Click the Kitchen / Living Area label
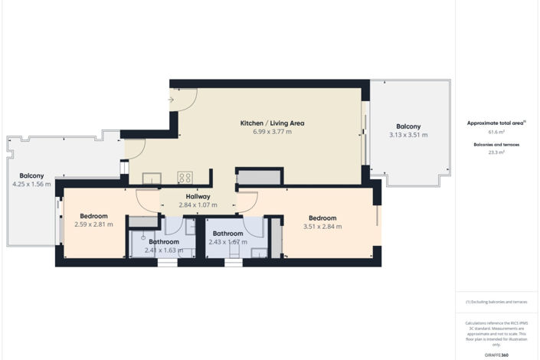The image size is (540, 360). tap(262, 123)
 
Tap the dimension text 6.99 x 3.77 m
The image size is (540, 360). tap(262, 132)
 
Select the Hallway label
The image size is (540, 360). tap(198, 196)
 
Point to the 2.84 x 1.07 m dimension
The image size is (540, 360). tap(198, 205)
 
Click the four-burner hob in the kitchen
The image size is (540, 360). tap(185, 177)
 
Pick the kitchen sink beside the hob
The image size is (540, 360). tap(152, 178)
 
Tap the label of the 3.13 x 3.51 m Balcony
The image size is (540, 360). tap(408, 126)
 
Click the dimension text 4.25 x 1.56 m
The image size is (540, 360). tap(31, 184)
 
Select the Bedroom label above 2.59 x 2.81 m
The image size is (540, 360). tap(93, 216)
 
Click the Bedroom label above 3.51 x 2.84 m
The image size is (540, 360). tap(322, 218)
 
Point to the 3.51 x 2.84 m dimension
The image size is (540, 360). tap(322, 226)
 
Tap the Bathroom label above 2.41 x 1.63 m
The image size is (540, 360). tap(164, 241)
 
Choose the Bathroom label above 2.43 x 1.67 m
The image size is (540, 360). tap(227, 234)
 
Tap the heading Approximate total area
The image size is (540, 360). tap(496, 123)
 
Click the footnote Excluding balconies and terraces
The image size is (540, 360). tap(498, 302)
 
